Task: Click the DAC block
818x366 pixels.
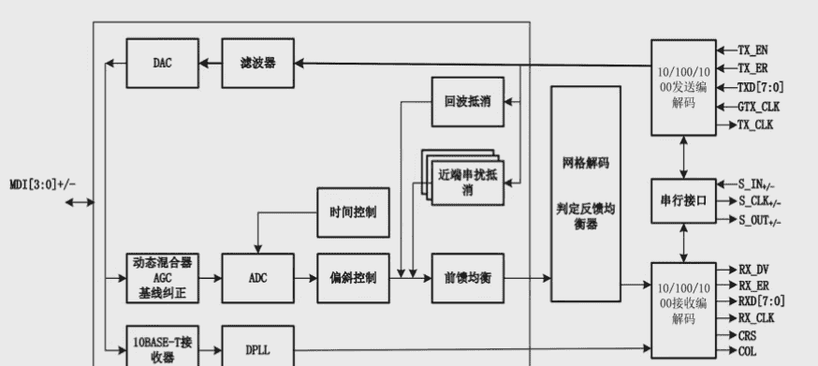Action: (x=162, y=63)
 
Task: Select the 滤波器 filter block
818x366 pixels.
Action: (x=257, y=63)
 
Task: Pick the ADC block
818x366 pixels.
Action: (x=257, y=278)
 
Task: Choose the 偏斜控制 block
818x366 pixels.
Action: (x=353, y=278)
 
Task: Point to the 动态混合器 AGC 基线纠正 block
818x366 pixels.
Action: (x=162, y=278)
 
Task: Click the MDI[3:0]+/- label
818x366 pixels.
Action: (x=43, y=183)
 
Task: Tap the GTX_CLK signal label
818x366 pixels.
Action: (x=759, y=106)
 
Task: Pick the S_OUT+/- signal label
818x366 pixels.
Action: (x=759, y=221)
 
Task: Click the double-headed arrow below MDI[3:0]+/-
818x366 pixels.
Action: (x=80, y=202)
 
